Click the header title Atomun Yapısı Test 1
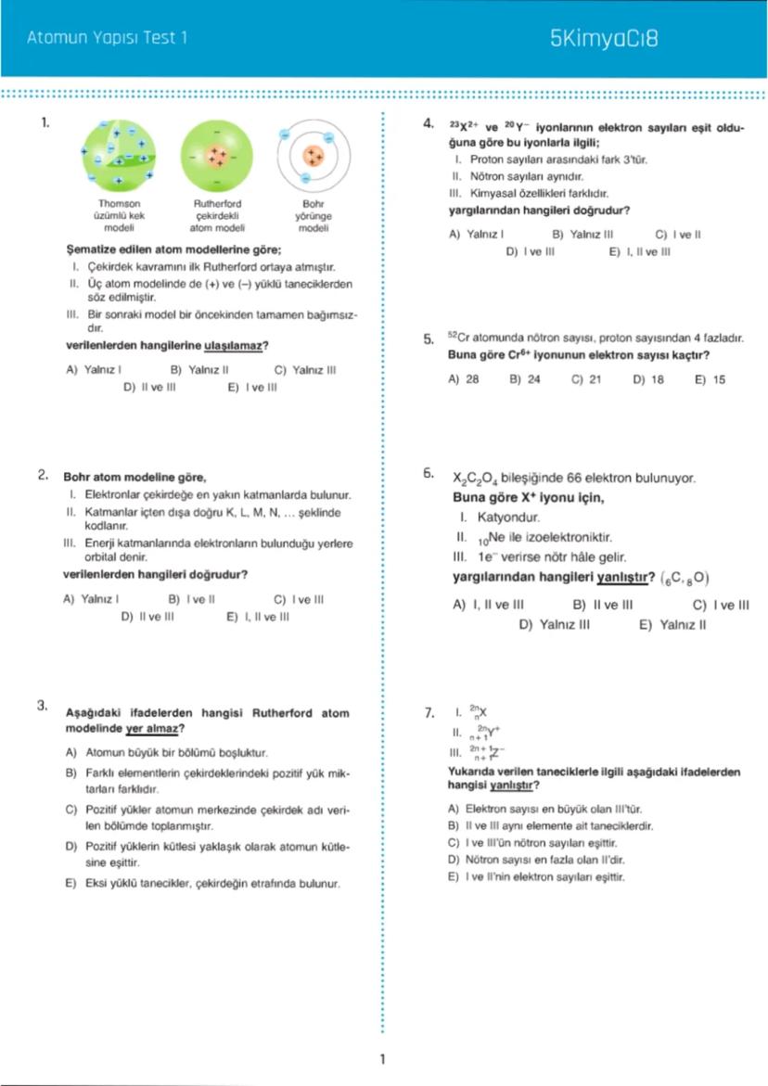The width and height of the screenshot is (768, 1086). (108, 39)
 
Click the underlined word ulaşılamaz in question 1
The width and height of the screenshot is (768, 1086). (233, 346)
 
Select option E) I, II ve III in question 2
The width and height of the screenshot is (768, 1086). (258, 617)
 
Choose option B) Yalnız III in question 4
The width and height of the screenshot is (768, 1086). (582, 235)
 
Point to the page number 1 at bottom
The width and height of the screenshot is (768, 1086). (382, 1059)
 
